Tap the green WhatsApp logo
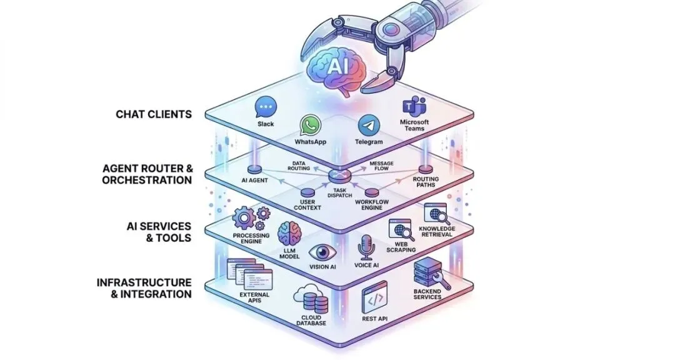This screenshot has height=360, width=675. pos(310,125)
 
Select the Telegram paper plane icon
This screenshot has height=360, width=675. pos(369,126)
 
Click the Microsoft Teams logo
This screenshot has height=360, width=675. pos(412,106)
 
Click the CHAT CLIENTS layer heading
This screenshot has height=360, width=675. pos(153,114)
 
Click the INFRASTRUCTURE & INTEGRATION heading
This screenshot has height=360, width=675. pos(144,288)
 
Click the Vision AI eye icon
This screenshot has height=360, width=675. pos(322,252)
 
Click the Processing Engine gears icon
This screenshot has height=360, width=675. pos(251,218)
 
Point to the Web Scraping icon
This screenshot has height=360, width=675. pos(401,230)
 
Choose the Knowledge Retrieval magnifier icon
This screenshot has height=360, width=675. pos(436,214)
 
